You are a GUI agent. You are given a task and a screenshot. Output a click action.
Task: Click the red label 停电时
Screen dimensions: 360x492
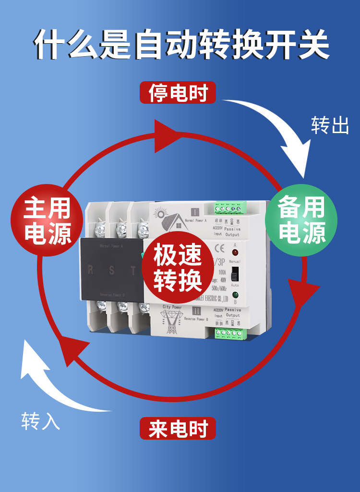coord(178,93)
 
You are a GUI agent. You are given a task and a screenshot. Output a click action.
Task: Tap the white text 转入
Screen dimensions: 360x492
coord(41,421)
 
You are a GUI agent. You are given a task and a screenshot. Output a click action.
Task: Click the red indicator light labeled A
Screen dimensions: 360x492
coord(235,252)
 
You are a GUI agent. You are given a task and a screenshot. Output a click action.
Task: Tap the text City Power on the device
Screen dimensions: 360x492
coord(172,307)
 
